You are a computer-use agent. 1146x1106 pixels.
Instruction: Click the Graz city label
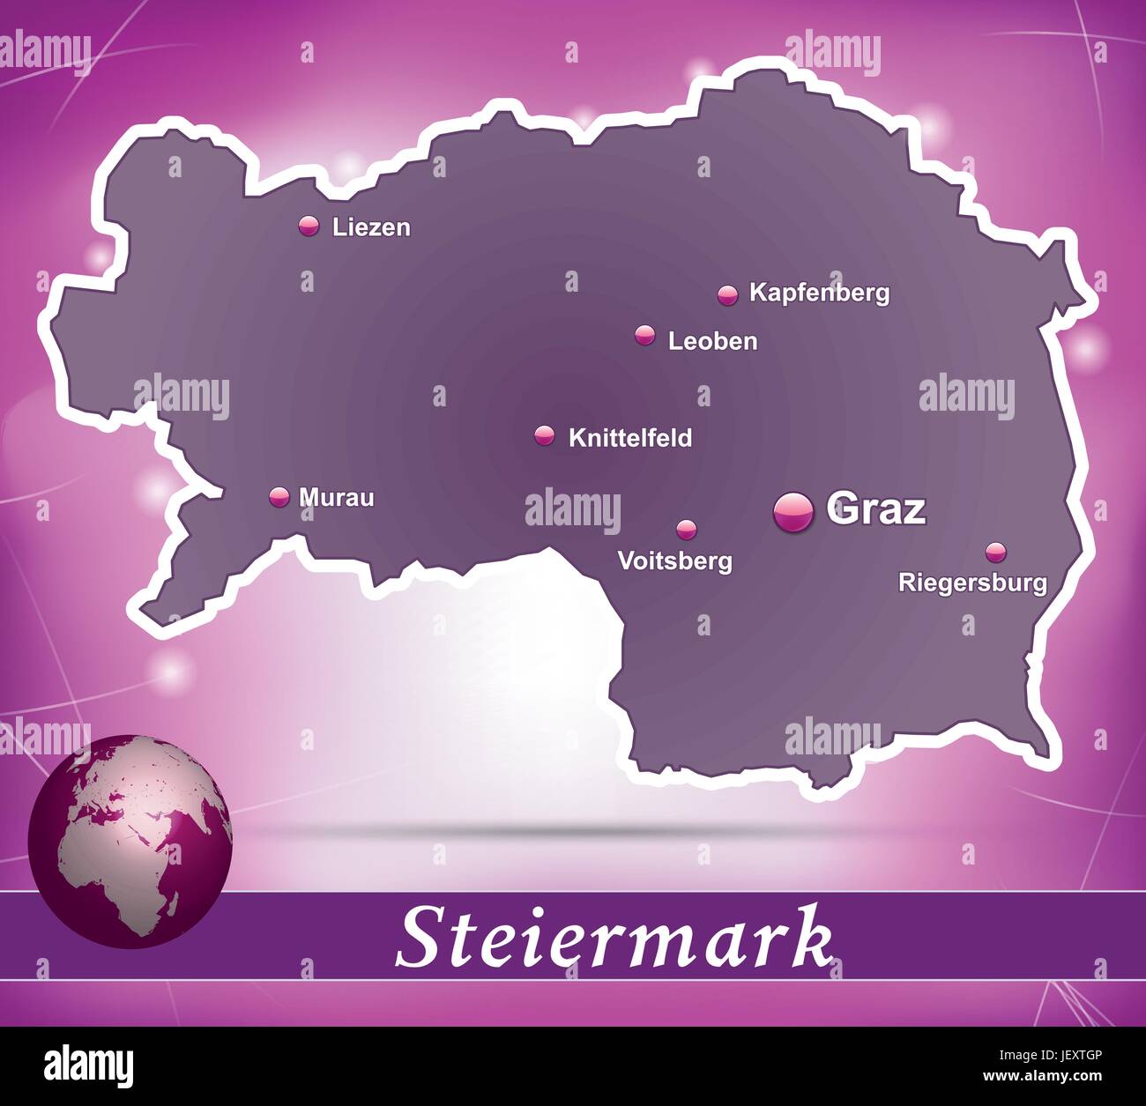[876, 509]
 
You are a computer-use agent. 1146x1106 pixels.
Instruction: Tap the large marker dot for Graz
[793, 511]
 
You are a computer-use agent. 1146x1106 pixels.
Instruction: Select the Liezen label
[371, 227]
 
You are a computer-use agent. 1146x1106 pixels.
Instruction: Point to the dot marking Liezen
[309, 226]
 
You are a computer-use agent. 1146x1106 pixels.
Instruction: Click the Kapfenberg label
[819, 293]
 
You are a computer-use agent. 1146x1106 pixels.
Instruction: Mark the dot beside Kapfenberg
[727, 295]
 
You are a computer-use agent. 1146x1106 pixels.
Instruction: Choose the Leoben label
[712, 341]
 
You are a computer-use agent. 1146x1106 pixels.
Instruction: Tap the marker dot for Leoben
[645, 335]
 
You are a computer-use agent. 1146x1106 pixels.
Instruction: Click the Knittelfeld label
[630, 437]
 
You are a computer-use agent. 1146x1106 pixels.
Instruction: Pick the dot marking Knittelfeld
[545, 434]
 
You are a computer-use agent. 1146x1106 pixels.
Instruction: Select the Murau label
[337, 498]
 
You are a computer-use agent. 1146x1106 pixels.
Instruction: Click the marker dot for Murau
[279, 496]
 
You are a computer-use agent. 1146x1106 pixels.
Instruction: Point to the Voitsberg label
[675, 560]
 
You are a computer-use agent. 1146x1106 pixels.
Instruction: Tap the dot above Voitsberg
[686, 529]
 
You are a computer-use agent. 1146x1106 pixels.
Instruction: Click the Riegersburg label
[972, 583]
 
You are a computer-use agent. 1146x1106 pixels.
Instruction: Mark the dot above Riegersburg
[995, 553]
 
